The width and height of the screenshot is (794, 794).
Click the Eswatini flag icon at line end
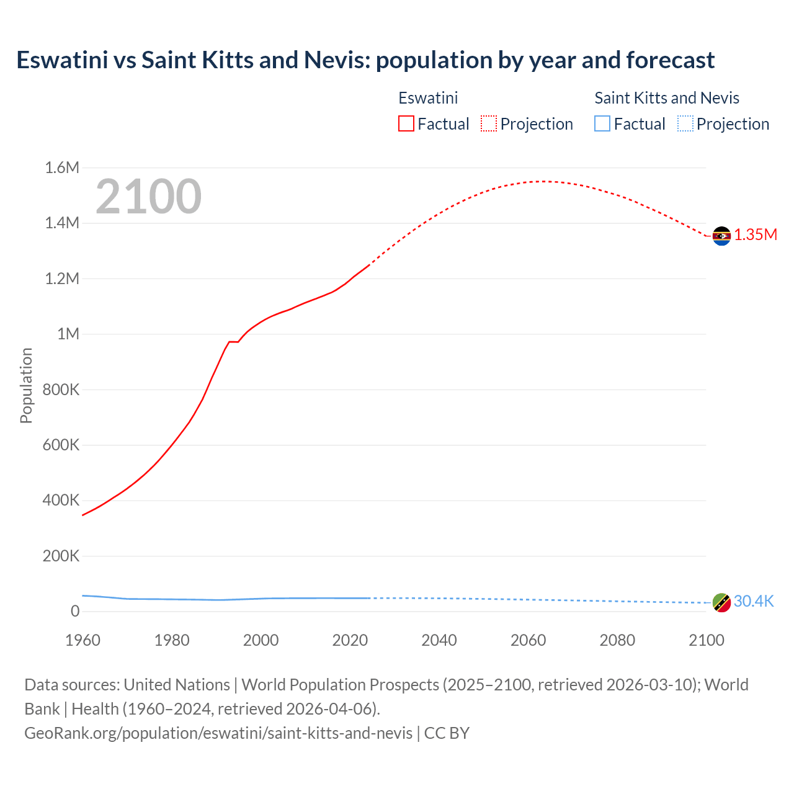721,236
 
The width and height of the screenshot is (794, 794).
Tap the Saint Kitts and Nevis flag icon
721,602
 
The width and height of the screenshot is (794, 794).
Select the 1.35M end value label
756,234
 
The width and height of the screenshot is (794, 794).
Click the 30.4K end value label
754,601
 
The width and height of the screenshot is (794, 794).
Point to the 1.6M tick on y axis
62,167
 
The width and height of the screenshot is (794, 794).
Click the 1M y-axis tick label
68,334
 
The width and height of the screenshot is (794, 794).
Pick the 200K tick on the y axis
61,556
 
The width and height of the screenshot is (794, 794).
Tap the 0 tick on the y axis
75,611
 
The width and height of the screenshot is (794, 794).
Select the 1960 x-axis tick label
83,640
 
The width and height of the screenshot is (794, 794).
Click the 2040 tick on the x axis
439,640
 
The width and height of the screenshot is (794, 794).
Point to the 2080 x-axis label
617,640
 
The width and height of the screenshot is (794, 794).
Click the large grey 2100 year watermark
148,197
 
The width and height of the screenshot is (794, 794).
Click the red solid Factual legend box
406,123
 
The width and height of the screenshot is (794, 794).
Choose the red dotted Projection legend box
489,123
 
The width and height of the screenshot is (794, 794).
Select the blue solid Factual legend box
602,123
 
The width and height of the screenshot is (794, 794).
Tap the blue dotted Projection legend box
685,123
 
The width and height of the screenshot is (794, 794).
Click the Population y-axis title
26,385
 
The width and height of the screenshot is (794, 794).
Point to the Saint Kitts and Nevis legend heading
667,98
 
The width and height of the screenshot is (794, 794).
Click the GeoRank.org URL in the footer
218,733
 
